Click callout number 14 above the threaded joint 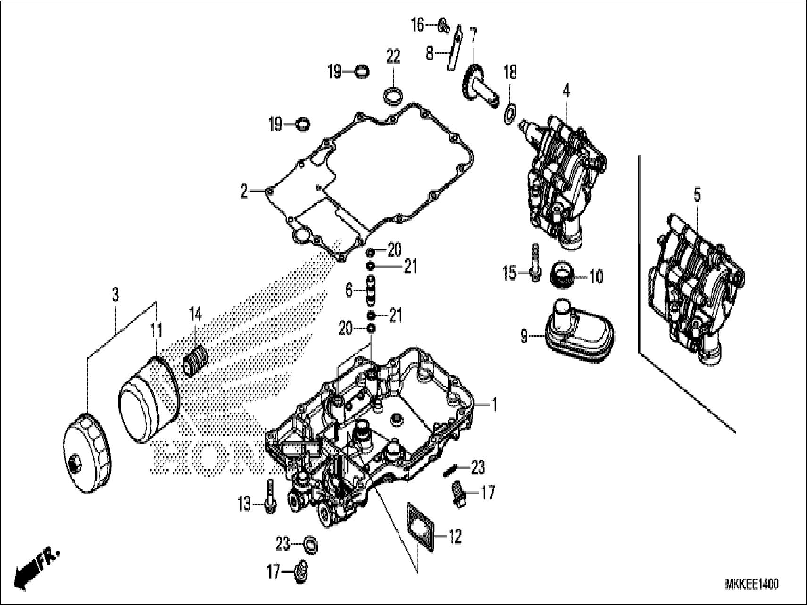pos(195,313)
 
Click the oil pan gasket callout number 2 pos(244,191)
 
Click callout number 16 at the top pos(418,25)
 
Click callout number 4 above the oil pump pos(566,90)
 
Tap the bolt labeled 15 pos(534,263)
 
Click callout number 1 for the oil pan pos(493,404)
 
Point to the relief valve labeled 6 pos(371,291)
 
